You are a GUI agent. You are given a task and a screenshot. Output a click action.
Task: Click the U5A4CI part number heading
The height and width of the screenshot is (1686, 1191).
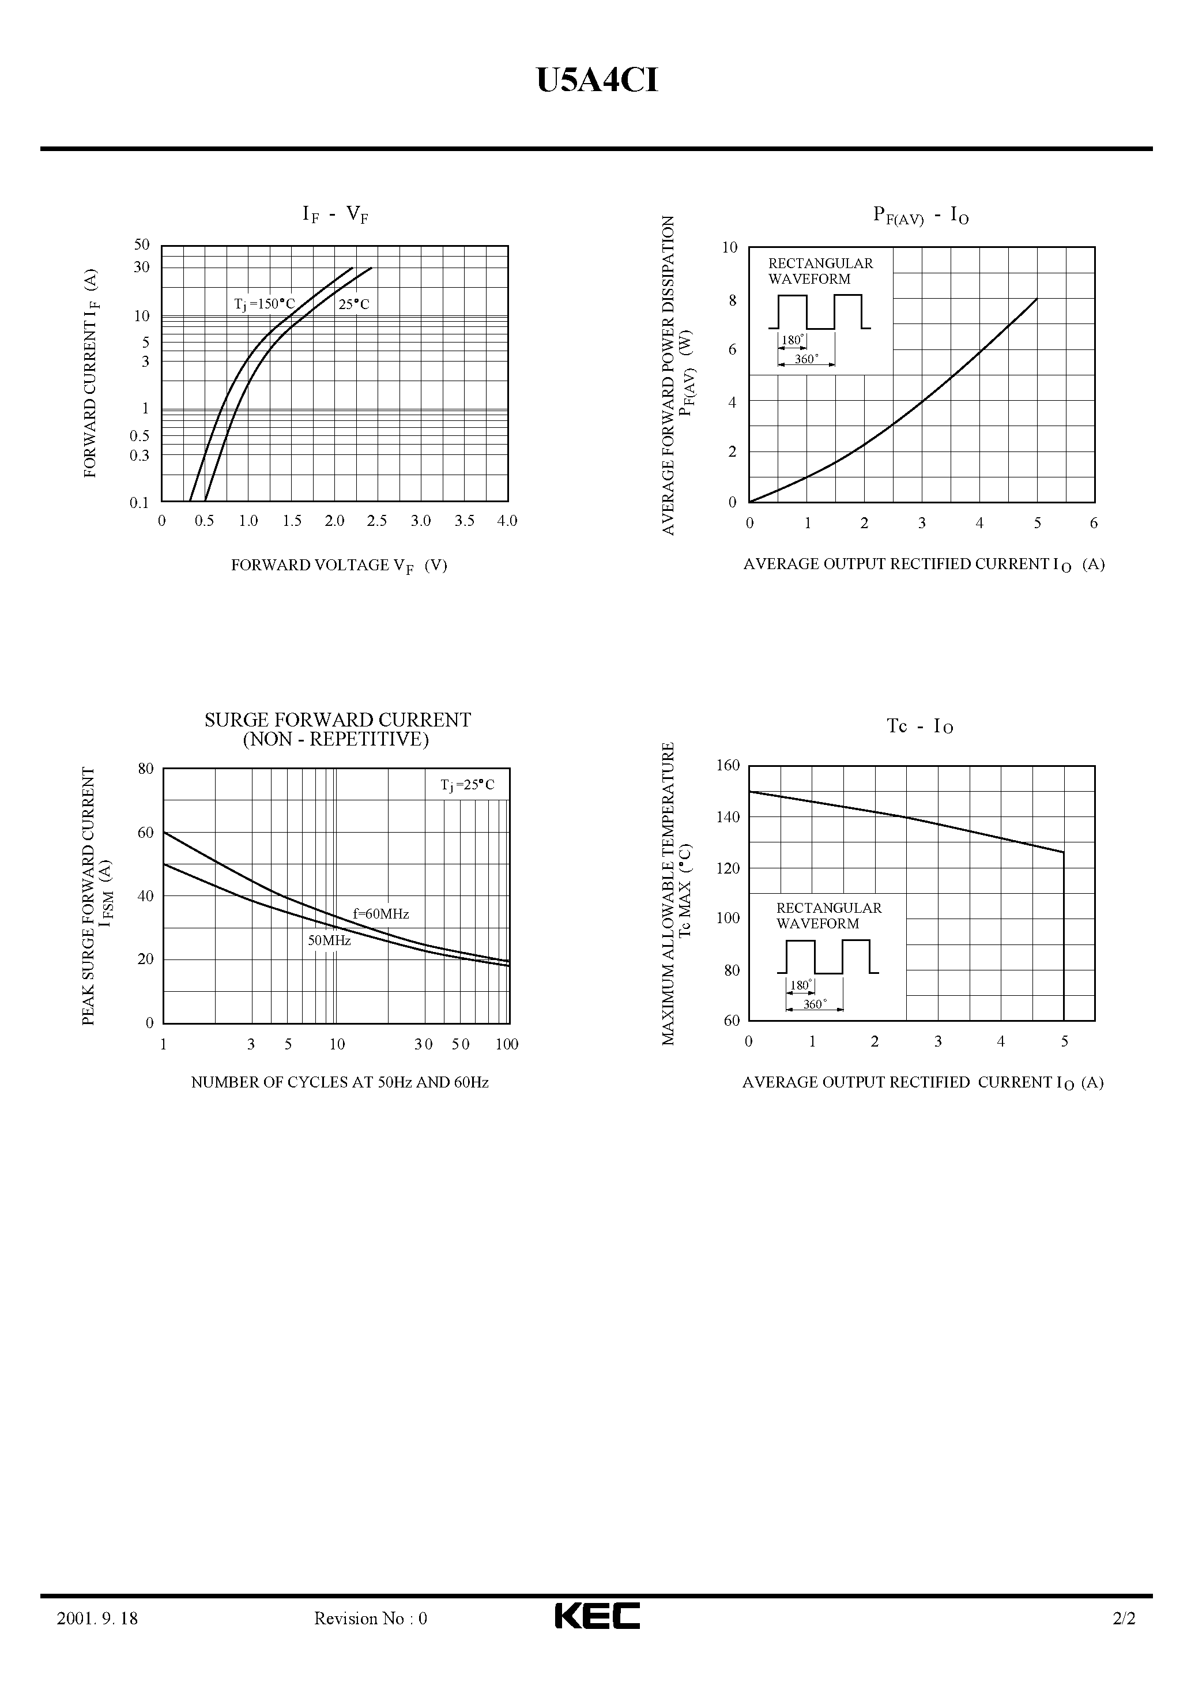597,81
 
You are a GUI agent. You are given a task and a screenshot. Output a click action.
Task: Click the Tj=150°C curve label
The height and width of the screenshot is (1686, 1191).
265,304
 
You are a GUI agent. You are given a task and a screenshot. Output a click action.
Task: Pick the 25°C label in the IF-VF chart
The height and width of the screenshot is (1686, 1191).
354,304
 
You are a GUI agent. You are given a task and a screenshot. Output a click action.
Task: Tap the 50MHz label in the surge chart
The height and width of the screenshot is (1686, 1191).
329,940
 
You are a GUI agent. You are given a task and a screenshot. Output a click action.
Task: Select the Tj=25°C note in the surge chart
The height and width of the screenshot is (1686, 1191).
468,785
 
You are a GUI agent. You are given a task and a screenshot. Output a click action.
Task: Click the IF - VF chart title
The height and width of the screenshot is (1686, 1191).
336,214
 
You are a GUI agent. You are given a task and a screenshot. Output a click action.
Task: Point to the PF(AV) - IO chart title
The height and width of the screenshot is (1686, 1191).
921,215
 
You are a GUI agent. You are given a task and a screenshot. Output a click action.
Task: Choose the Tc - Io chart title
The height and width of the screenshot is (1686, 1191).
920,727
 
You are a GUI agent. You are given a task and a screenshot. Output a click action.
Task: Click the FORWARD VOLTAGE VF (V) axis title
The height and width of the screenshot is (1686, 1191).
338,566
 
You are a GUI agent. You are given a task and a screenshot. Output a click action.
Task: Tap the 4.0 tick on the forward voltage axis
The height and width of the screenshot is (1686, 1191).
507,521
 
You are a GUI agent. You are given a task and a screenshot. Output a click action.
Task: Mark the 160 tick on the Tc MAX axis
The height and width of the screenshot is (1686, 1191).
729,765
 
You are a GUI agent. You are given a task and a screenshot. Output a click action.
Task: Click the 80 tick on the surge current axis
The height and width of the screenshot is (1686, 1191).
145,769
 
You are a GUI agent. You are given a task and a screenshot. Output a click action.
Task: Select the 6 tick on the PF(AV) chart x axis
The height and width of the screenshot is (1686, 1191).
1094,523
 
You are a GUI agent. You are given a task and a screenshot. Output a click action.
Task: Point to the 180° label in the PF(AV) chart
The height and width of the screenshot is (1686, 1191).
792,340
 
